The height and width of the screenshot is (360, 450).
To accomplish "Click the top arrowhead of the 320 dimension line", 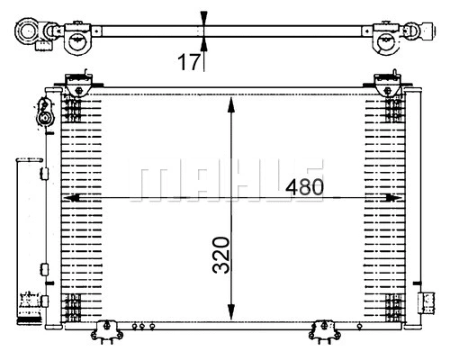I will tap(233, 99).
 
